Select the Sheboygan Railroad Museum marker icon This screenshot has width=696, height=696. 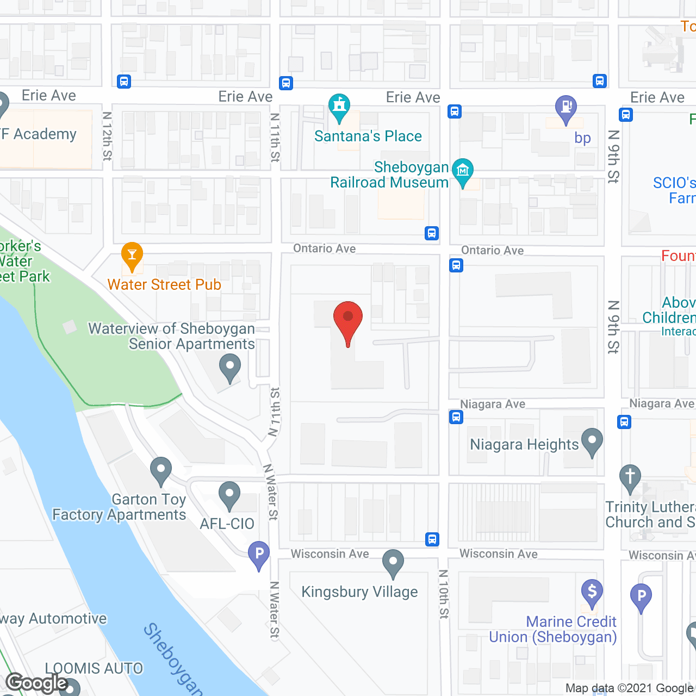tap(462, 170)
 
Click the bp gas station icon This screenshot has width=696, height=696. tap(565, 108)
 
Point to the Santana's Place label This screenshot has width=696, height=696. tap(368, 136)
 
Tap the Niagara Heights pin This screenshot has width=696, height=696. tap(592, 441)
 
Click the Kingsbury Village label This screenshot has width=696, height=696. tap(359, 592)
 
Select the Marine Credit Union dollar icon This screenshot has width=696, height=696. tap(592, 592)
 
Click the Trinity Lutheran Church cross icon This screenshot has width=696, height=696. tap(630, 477)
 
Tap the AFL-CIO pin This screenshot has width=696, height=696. tap(229, 494)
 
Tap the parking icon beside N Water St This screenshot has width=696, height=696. tap(259, 554)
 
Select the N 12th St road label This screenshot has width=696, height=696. tap(107, 136)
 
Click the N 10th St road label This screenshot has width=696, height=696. tap(444, 594)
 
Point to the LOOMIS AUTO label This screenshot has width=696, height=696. tap(94, 668)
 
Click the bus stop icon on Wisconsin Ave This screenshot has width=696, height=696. tap(432, 539)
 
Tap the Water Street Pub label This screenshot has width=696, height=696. tap(164, 284)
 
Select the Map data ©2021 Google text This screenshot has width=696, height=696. tap(630, 688)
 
